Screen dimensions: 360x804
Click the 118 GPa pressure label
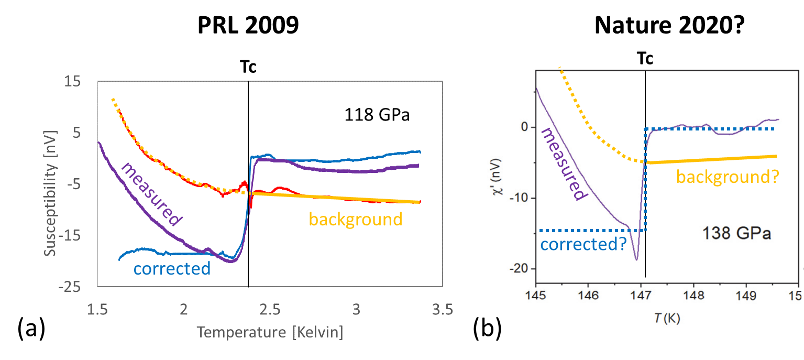[x=377, y=115]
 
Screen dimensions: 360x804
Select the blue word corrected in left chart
[x=172, y=268]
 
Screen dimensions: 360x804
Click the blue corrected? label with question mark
[x=583, y=244]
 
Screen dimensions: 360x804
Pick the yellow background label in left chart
[x=356, y=219]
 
